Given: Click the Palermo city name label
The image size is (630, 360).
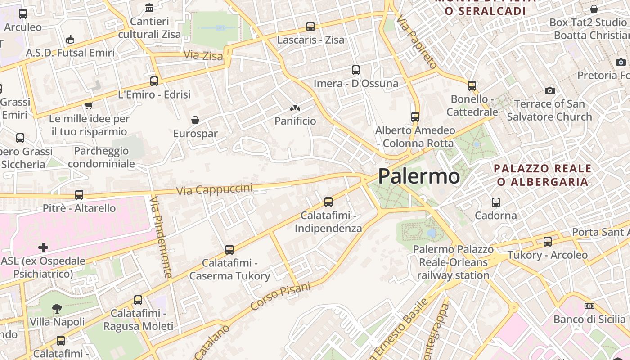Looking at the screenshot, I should [419, 176].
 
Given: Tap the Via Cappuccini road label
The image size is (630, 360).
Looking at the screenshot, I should [214, 189].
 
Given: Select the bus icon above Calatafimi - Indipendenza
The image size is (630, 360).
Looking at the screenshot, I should [328, 202].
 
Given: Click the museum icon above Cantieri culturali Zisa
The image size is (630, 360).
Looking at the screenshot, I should [149, 8].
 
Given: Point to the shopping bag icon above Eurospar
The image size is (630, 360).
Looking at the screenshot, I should [195, 120].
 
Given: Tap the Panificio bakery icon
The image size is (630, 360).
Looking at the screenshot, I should [295, 108].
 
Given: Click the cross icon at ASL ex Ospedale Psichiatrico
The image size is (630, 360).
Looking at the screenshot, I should [43, 247].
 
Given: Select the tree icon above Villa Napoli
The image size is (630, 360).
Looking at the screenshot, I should [57, 309].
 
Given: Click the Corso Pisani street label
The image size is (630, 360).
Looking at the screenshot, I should [280, 296].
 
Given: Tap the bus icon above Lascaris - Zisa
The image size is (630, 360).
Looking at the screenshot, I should [310, 27].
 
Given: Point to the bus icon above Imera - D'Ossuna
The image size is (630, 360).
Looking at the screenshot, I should [356, 70].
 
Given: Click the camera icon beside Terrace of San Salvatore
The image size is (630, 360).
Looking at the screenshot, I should [549, 91].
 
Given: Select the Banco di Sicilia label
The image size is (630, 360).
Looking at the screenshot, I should [589, 319].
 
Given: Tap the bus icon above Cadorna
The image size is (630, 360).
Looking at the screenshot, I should [496, 202].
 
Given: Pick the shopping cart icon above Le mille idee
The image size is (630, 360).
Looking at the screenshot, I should [89, 105].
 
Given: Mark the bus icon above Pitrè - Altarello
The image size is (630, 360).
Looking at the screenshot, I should [79, 195].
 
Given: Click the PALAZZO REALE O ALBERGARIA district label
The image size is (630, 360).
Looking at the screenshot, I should [542, 175].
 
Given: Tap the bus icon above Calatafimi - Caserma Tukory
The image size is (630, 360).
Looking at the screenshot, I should [229, 249].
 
